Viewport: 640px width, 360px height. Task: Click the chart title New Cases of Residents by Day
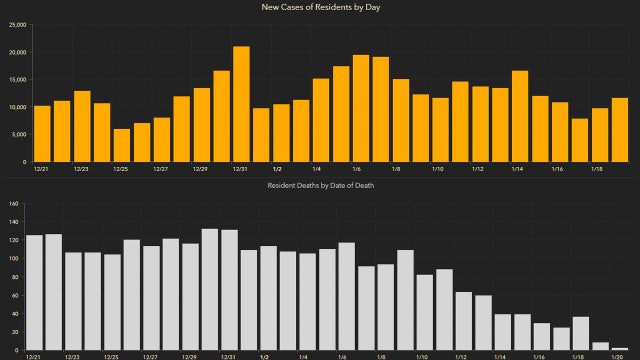pyautogui.click(x=320, y=7)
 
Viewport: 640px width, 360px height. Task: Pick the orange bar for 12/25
pyautogui.click(x=122, y=145)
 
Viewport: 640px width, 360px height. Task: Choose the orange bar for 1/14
pyautogui.click(x=520, y=116)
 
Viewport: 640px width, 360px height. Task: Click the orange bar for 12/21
pyautogui.click(x=42, y=133)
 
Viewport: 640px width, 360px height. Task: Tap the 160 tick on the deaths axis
pyautogui.click(x=14, y=204)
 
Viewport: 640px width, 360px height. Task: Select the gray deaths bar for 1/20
pyautogui.click(x=620, y=348)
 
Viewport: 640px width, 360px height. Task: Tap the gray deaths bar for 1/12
pyautogui.click(x=464, y=321)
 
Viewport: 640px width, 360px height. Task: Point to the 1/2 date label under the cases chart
pyautogui.click(x=277, y=169)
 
